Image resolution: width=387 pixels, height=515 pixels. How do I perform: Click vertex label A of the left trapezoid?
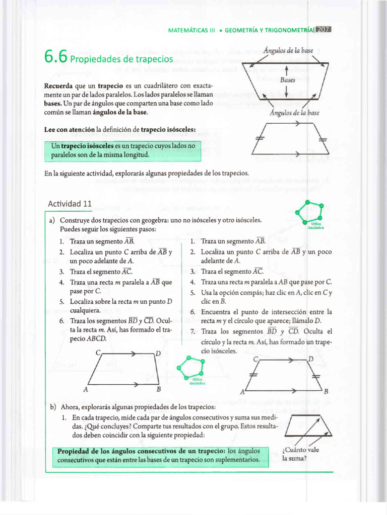click(x=86, y=389)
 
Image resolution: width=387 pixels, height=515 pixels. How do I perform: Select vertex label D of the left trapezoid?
click(x=158, y=354)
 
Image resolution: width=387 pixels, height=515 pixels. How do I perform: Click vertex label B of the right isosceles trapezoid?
click(x=326, y=391)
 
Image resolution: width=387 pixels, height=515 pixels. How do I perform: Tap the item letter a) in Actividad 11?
click(x=52, y=220)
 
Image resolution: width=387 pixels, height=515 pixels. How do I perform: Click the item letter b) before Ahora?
click(x=52, y=406)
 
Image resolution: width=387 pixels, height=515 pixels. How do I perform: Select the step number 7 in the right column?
click(x=192, y=331)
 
